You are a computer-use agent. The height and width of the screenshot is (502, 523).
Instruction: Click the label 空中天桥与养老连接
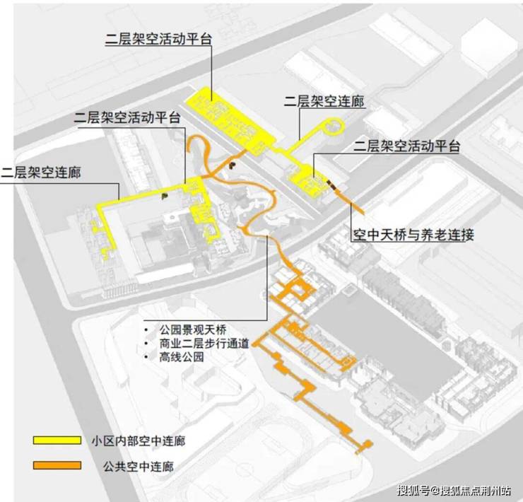413,235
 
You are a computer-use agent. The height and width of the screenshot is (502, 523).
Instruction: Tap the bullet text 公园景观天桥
193,329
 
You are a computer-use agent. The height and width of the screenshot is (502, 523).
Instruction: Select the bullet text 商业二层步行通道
204,344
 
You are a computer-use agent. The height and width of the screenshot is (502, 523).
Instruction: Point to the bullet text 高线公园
182,357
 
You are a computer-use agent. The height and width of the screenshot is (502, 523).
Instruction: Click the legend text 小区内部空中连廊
139,441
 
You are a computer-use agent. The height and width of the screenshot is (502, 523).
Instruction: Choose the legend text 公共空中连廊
139,466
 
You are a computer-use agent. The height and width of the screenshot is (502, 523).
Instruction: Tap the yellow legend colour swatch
57,440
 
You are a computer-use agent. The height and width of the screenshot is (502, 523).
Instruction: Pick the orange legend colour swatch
57,465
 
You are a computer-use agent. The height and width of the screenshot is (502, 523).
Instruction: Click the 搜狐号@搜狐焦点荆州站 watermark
454,490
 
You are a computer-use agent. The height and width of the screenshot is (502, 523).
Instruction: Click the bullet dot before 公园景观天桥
146,329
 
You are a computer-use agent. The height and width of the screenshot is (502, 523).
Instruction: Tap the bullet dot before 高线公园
146,357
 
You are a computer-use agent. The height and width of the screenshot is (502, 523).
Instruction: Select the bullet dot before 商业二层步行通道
146,344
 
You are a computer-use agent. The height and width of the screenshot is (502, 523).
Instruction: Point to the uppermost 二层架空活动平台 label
159,39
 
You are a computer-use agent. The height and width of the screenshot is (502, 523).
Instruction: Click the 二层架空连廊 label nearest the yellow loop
324,102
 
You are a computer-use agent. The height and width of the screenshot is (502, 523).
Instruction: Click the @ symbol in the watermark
435,491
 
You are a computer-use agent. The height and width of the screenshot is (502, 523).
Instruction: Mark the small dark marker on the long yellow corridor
164,197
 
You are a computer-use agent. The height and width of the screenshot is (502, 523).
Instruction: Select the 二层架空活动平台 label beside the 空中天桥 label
406,146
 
